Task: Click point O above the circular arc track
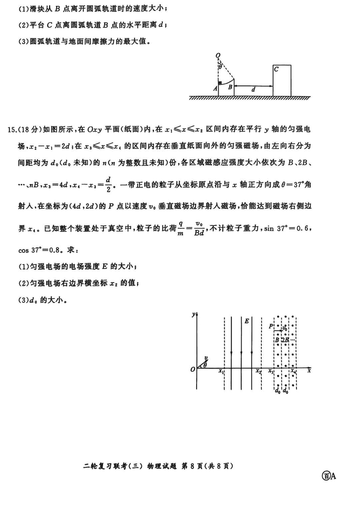(x=218, y=56)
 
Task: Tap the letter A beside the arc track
(x=216, y=89)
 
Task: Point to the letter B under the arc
(x=229, y=87)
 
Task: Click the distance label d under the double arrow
(x=253, y=90)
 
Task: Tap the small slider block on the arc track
(x=220, y=83)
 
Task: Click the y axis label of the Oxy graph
(x=193, y=314)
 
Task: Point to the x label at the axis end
(x=309, y=371)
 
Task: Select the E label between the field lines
(x=247, y=321)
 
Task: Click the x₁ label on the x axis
(x=220, y=371)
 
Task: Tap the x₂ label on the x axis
(x=258, y=371)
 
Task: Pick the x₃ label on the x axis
(x=270, y=371)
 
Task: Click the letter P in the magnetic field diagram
(x=270, y=326)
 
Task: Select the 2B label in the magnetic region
(x=284, y=340)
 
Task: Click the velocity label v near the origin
(x=205, y=358)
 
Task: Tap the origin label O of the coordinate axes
(x=192, y=370)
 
